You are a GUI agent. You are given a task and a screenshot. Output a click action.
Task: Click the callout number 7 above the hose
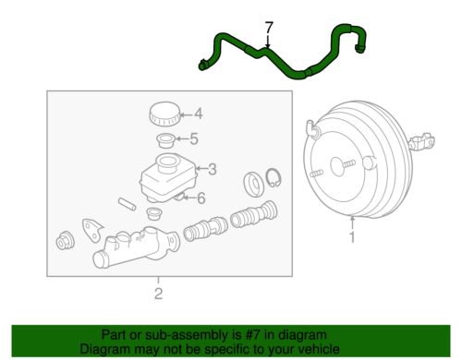coord(269,28)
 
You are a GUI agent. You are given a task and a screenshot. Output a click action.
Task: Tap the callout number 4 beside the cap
coord(199,114)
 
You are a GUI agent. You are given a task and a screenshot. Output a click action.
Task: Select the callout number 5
coord(194,139)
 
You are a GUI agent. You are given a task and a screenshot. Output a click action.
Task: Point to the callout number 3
coord(213,169)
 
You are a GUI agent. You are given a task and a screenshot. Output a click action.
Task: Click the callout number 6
coord(201,198)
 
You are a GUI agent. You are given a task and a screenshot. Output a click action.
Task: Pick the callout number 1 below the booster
coord(352,237)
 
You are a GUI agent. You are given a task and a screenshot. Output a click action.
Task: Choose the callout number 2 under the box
coord(158,294)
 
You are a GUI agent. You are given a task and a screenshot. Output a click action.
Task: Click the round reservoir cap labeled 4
coord(164,114)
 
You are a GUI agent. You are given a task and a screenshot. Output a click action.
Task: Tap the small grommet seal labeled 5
coord(166,140)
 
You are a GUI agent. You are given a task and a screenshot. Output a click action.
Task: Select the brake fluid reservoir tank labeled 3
coord(168,177)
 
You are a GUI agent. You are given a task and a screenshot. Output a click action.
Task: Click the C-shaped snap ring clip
coord(274,177)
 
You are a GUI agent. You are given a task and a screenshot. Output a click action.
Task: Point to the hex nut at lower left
coord(65,240)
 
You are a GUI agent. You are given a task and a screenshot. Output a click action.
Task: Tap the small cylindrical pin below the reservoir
coord(127,204)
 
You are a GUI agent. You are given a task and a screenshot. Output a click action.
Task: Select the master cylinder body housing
coord(136,247)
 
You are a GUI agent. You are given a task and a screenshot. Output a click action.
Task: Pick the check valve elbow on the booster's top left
coord(313,129)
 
